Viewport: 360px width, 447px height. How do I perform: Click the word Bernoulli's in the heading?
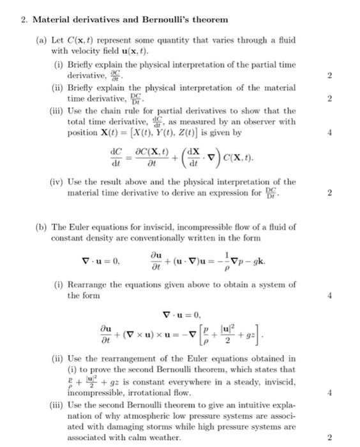point(180,19)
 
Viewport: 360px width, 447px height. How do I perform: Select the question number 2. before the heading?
point(24,19)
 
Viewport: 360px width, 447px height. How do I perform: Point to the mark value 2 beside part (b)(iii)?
point(329,439)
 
